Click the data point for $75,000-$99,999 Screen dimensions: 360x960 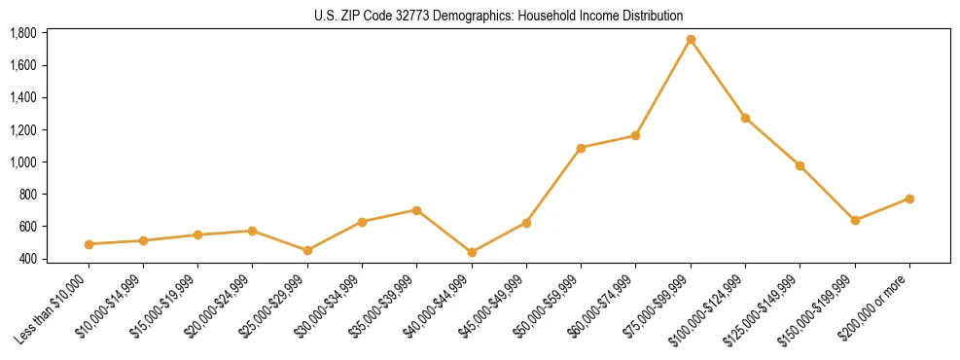coord(691,40)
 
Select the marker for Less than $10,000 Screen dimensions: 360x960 coord(89,244)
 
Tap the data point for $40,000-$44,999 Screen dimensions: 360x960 coord(472,252)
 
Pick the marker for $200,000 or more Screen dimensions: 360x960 coord(909,198)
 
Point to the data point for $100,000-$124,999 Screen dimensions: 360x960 coord(745,118)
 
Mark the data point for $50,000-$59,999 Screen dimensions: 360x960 coord(581,148)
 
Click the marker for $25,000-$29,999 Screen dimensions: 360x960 coord(307,250)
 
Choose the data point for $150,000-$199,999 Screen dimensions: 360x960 coord(855,220)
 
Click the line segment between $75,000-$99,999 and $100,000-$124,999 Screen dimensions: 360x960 coord(718,79)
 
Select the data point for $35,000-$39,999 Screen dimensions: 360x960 coord(416,210)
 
